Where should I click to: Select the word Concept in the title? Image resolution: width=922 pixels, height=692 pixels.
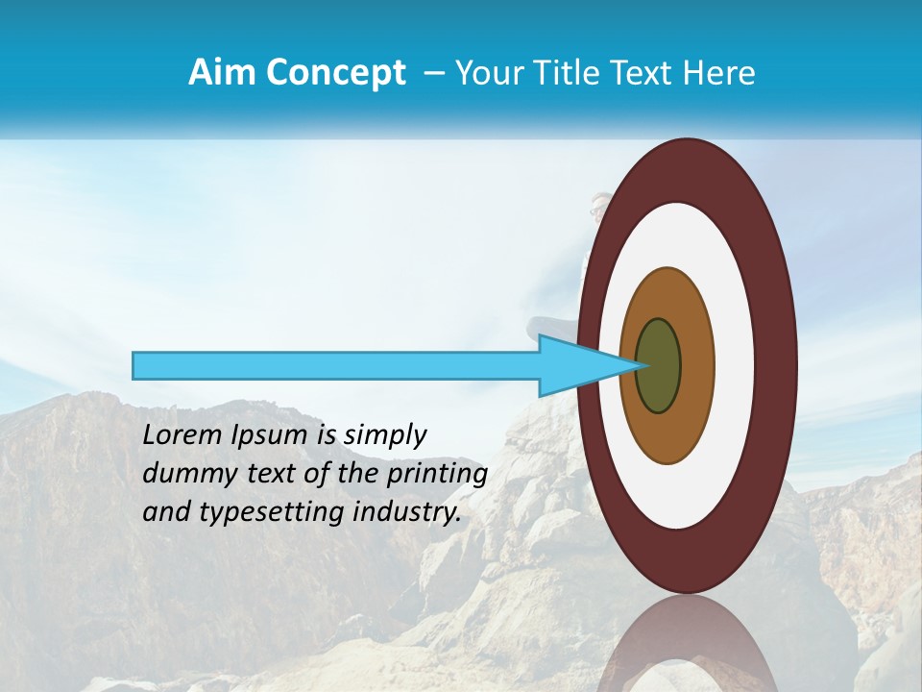[335, 73]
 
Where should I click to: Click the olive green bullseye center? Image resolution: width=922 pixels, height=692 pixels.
[659, 366]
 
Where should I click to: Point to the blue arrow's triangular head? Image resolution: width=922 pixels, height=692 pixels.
[576, 365]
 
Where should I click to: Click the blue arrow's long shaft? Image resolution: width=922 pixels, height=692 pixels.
[336, 365]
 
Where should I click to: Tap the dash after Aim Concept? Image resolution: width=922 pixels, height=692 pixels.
[434, 74]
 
